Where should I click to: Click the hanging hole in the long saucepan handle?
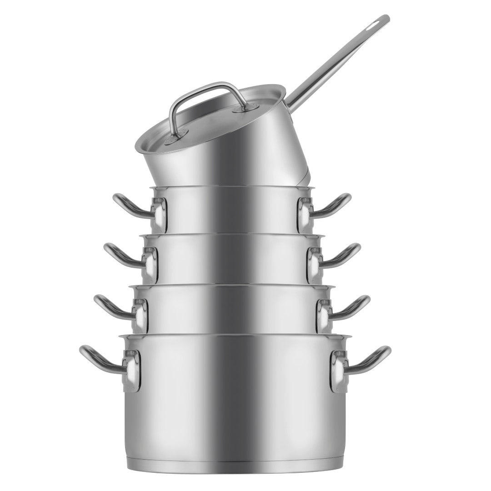click(378, 23)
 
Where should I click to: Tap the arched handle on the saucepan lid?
click(205, 87)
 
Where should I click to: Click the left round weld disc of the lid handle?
click(180, 135)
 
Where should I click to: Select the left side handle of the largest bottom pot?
click(98, 359)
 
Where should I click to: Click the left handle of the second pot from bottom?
click(111, 306)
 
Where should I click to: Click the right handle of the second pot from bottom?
click(352, 306)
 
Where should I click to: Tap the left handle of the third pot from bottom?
click(120, 255)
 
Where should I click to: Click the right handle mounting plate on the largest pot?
click(339, 371)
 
